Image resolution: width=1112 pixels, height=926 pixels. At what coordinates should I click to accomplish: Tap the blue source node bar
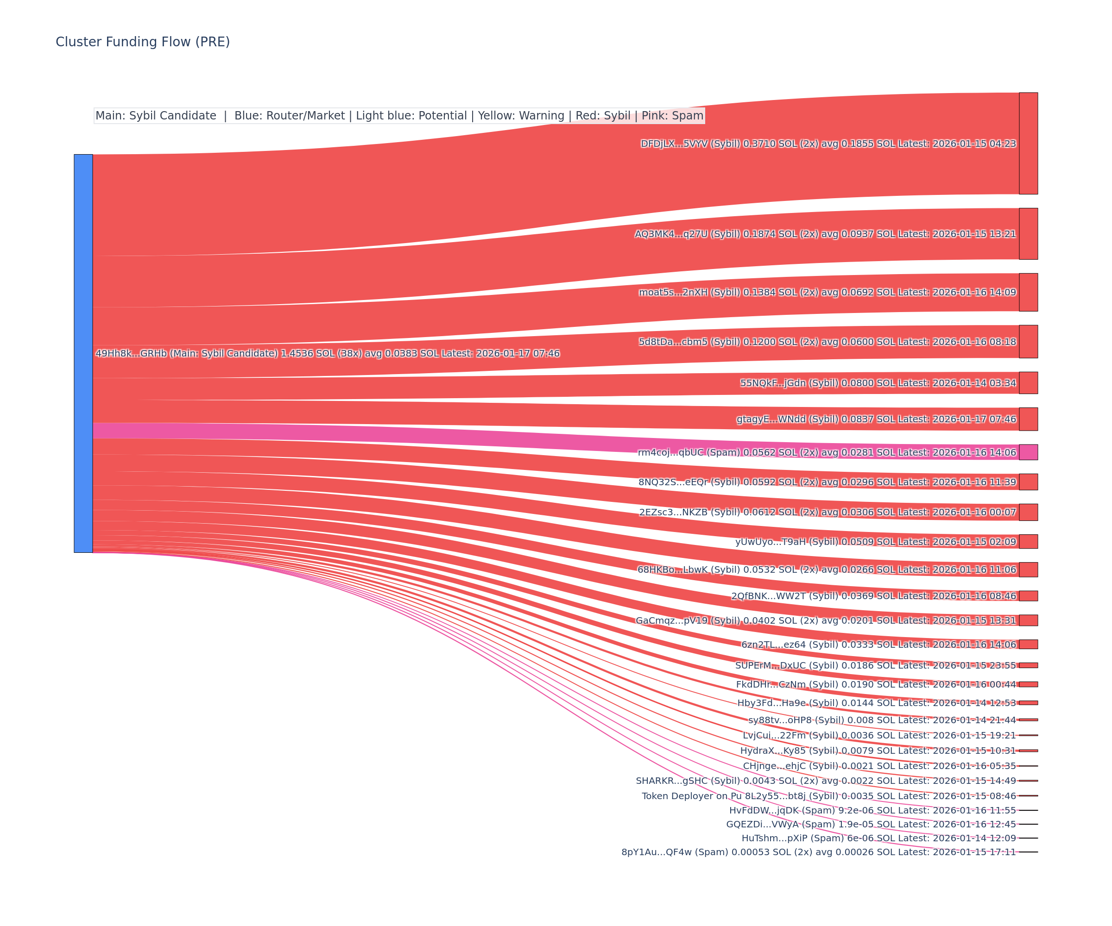coord(83,353)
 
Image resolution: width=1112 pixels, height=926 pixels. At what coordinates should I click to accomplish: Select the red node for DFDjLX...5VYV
coord(1028,144)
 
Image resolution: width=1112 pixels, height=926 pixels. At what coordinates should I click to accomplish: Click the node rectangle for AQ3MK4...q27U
coord(1028,234)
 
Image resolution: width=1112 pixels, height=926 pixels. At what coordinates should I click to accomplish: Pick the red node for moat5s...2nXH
coord(1028,292)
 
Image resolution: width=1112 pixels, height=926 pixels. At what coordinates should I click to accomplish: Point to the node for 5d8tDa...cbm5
coord(1028,342)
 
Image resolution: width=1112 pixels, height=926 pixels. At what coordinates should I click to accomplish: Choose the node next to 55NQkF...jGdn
coord(1028,382)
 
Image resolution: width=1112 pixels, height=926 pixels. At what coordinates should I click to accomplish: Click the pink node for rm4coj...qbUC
coord(1028,452)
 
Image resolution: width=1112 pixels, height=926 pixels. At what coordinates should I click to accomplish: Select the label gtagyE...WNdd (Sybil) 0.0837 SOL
coord(876,419)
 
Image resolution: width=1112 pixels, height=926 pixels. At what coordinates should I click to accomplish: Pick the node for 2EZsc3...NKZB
coord(1028,512)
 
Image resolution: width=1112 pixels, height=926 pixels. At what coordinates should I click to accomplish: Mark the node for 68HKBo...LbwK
coord(1028,569)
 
